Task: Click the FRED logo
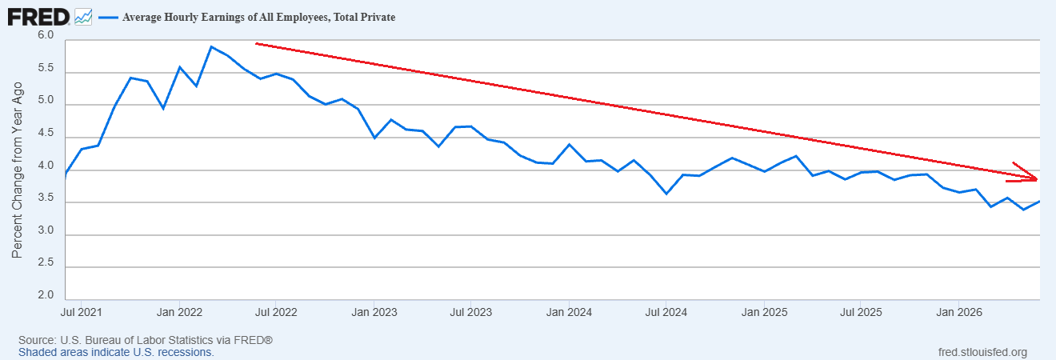tap(38, 18)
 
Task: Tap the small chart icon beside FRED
tap(83, 18)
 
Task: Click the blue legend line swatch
tap(108, 18)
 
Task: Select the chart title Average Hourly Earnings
tap(259, 18)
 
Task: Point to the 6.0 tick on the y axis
tap(46, 35)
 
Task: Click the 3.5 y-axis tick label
tap(46, 198)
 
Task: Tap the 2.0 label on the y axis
tap(46, 295)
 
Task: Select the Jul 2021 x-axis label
tap(81, 313)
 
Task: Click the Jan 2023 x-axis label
tap(374, 313)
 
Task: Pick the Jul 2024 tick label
tap(666, 313)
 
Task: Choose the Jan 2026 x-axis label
tap(959, 313)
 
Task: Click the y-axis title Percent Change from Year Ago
tap(17, 170)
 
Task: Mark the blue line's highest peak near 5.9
tap(211, 46)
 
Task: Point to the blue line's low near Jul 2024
tap(666, 194)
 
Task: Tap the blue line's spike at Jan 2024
tap(569, 144)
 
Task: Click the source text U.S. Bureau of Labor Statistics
tap(137, 340)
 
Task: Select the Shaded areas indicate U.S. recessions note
tap(117, 353)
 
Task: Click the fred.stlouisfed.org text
tap(982, 353)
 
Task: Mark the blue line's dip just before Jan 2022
tap(163, 109)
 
